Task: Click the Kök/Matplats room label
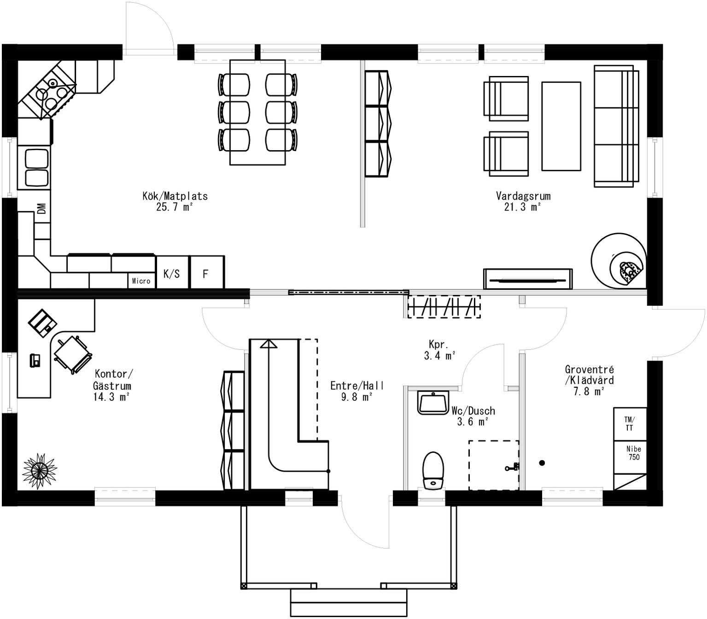coord(175,201)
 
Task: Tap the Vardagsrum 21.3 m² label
coord(523,201)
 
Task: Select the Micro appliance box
coord(141,280)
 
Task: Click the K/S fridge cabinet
coord(172,273)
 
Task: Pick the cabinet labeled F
coord(206,273)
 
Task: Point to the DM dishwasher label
coord(42,209)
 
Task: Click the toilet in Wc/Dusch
coord(432,469)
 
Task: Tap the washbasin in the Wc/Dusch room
coord(432,402)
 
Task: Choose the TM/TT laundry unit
coord(630,424)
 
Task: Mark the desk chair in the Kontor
coord(73,354)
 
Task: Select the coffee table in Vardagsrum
coord(561,126)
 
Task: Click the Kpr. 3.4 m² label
coord(439,350)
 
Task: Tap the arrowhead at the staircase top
coord(269,343)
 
